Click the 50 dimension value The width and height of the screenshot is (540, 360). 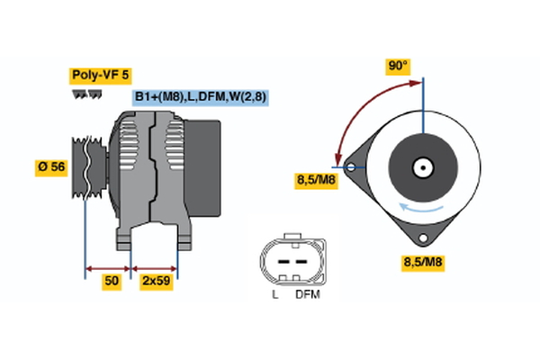click(x=112, y=282)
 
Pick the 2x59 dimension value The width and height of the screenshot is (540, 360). click(x=155, y=282)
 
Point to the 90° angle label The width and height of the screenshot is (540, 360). click(x=397, y=66)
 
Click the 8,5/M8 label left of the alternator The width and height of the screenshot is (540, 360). click(x=315, y=182)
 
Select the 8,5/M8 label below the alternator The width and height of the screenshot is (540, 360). click(x=422, y=262)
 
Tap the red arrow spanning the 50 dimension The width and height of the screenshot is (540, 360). click(x=108, y=267)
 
